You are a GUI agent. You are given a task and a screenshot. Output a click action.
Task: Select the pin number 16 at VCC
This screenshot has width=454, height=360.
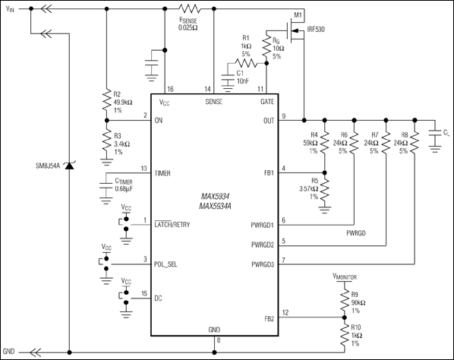click(170, 89)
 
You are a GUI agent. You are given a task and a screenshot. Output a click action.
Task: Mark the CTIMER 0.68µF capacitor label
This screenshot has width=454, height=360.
click(130, 184)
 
